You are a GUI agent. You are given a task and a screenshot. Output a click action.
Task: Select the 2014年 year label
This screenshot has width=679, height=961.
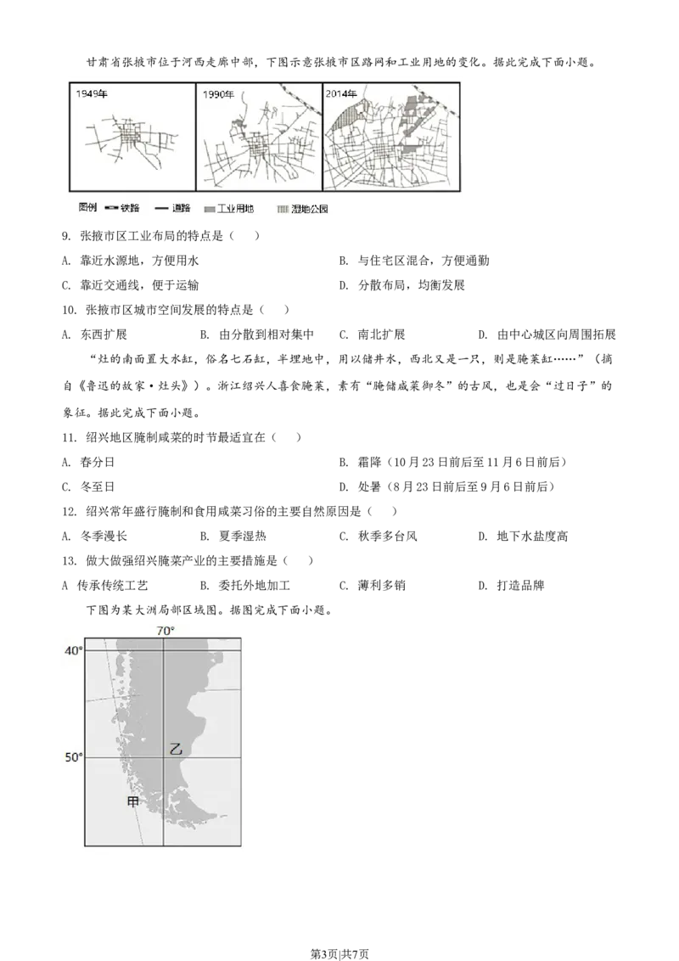(341, 93)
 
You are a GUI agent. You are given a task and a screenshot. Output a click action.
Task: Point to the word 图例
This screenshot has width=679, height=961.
(87, 208)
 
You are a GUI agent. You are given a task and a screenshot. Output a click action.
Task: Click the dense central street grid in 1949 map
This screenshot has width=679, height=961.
(129, 136)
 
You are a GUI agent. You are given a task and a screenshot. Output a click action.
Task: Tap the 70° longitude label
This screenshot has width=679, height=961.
(165, 631)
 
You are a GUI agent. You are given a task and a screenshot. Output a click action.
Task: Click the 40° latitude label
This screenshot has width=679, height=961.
(74, 650)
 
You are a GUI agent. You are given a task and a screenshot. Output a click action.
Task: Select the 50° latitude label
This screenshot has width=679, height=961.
(74, 756)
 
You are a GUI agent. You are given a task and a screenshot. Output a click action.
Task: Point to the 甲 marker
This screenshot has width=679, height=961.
(132, 801)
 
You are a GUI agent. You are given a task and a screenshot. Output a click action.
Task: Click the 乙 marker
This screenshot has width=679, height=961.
(176, 749)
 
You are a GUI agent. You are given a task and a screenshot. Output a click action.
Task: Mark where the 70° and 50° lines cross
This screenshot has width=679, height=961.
(163, 756)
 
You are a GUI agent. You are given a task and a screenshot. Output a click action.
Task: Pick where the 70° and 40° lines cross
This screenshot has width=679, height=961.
(163, 650)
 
